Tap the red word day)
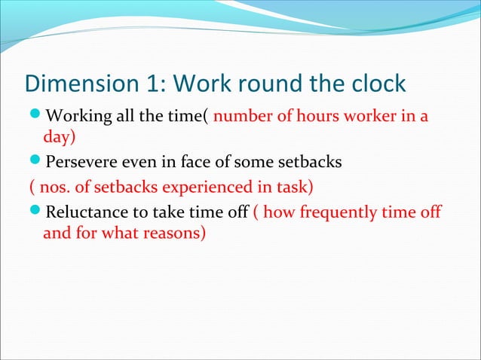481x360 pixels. click(60, 139)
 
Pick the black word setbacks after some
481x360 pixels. click(314, 162)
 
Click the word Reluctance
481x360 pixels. click(87, 212)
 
